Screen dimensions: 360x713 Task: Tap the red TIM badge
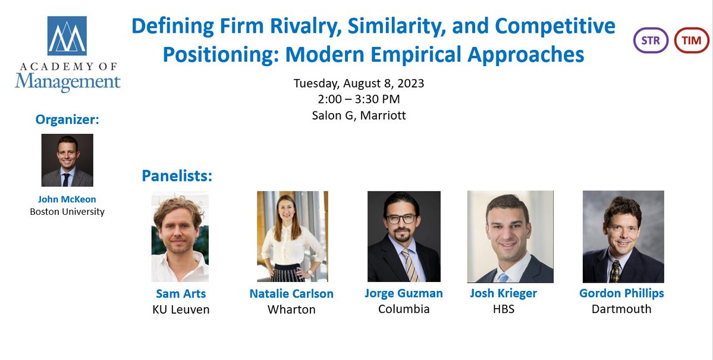[692, 41]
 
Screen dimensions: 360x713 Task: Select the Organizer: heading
[67, 120]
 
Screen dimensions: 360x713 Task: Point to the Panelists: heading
[177, 176]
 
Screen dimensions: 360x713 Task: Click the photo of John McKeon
[67, 160]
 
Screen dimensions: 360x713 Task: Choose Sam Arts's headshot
[180, 237]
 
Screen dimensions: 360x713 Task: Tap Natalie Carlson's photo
[292, 236]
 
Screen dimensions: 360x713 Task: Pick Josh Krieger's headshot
[510, 236]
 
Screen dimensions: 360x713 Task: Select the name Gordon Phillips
[621, 293]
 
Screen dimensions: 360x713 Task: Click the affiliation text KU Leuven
[181, 309]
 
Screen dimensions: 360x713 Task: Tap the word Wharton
[291, 309]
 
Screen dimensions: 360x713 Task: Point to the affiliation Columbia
[404, 309]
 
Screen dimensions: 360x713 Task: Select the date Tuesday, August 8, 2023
[359, 83]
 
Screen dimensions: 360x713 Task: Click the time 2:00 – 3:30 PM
[359, 99]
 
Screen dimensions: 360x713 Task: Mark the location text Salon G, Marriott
[359, 115]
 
